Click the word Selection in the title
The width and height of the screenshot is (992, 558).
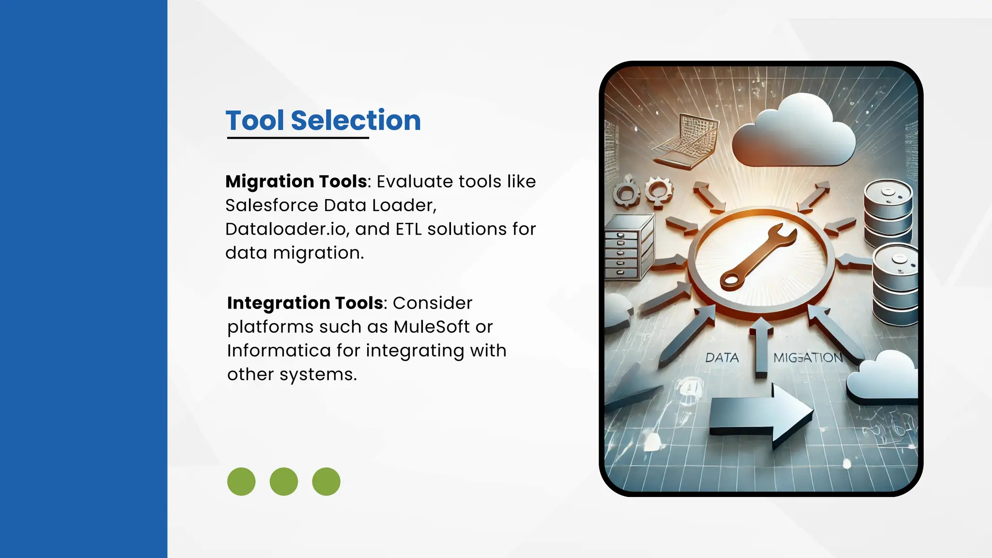[x=356, y=120]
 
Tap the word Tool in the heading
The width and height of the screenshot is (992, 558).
[x=255, y=120]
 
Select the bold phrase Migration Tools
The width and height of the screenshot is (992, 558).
[x=296, y=182]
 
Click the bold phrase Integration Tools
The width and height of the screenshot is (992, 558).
[x=305, y=303]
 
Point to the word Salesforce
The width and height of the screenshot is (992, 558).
[x=272, y=205]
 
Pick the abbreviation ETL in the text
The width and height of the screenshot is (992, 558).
[x=408, y=229]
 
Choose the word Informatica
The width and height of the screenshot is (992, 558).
[x=279, y=351]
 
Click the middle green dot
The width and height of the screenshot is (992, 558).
[x=284, y=481]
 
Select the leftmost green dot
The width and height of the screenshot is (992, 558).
[x=241, y=481]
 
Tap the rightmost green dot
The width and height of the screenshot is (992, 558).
[x=326, y=481]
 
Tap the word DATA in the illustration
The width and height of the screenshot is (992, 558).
[x=722, y=358]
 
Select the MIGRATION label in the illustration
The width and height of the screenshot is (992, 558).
[x=808, y=358]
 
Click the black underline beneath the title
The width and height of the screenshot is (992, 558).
[x=298, y=138]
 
